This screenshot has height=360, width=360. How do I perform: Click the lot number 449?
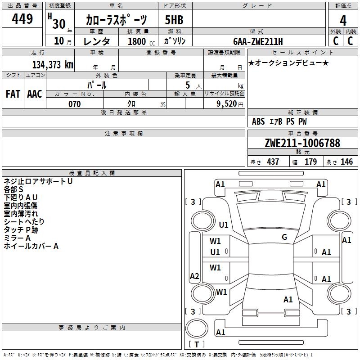pos(22,18)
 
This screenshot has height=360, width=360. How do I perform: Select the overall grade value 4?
pos(343,21)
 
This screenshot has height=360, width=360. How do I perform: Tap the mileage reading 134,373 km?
pos(53,65)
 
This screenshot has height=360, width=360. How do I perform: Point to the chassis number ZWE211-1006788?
pos(302,143)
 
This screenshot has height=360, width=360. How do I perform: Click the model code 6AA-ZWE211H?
pos(258,41)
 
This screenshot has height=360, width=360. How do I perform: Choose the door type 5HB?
pos(174,20)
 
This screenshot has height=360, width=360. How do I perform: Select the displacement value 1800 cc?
pos(141,41)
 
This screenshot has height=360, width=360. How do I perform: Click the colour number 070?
pos(75,104)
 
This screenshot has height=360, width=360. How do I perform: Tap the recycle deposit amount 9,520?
pos(227,104)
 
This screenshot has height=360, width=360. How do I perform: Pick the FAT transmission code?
pos(13,94)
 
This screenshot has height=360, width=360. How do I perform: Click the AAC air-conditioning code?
pos(35,94)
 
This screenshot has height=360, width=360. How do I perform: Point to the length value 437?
pos(273,162)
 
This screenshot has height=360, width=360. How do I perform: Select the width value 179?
pos(310,162)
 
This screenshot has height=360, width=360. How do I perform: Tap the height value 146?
pos(346,162)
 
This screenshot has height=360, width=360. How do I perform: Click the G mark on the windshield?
pos(284,237)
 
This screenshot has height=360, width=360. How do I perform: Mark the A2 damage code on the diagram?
pos(194,276)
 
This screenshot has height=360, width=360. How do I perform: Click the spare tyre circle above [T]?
pos(197,328)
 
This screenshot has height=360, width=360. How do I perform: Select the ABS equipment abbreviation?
pos(258,121)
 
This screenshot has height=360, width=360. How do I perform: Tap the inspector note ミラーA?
pos(17,238)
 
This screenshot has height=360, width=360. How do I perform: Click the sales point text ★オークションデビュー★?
pos(288,63)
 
